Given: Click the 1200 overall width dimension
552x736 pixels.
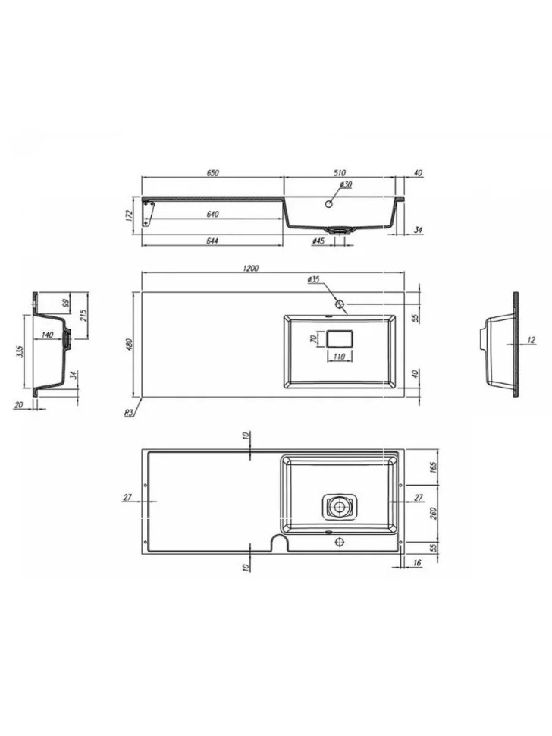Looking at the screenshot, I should pyautogui.click(x=252, y=268).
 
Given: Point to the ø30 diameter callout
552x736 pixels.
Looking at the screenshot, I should pyautogui.click(x=345, y=184).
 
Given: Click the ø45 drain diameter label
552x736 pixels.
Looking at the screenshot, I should pyautogui.click(x=318, y=241).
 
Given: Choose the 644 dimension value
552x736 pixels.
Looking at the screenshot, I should pyautogui.click(x=213, y=241).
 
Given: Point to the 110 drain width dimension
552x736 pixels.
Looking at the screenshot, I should pyautogui.click(x=339, y=356).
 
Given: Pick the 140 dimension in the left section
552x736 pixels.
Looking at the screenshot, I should pyautogui.click(x=47, y=335).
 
